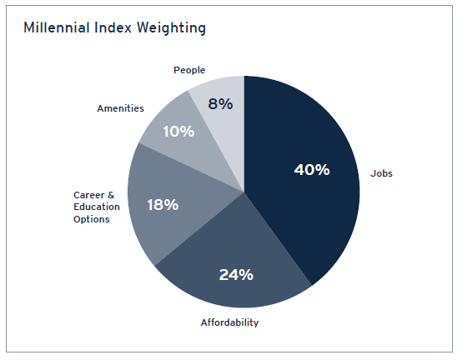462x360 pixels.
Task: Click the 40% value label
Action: (x=312, y=170)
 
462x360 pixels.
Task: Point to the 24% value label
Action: (x=236, y=274)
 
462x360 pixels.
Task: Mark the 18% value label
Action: (x=161, y=204)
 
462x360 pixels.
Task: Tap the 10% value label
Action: (x=178, y=132)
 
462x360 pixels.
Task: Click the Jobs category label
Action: (x=381, y=174)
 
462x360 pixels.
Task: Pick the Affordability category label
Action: (x=229, y=322)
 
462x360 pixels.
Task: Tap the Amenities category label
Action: (x=120, y=108)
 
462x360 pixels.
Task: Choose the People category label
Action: (x=189, y=70)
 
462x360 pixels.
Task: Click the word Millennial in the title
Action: (x=54, y=28)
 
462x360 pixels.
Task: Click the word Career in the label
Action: (x=88, y=195)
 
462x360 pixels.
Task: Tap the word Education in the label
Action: (x=97, y=207)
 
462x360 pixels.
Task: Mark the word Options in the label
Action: (x=92, y=218)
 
